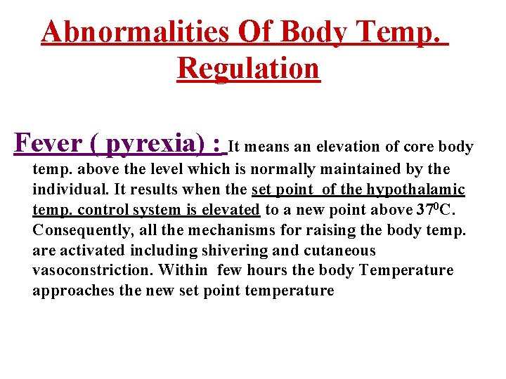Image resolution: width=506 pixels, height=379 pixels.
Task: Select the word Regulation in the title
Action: pyautogui.click(x=248, y=69)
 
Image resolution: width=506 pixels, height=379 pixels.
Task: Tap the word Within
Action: pyautogui.click(x=183, y=270)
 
